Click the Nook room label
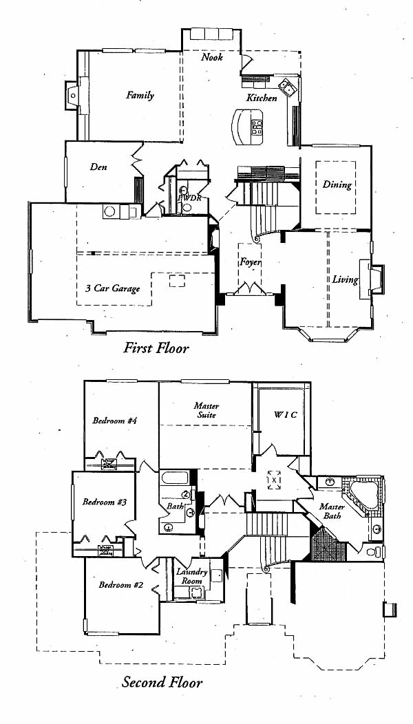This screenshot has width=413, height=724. tap(212, 58)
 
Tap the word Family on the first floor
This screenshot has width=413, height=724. tap(140, 96)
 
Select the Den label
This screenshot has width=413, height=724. tap(98, 167)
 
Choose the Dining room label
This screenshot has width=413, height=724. tap(337, 184)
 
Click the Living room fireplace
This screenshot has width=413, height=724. tap(374, 278)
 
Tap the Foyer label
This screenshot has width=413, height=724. tap(249, 262)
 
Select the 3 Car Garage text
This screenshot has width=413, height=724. tap(112, 288)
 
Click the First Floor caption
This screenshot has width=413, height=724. tap(156, 348)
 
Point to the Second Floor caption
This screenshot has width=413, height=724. tap(162, 683)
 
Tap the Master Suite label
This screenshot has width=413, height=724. tap(206, 410)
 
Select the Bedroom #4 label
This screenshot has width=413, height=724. tap(114, 420)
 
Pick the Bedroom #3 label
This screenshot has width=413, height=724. tap(104, 502)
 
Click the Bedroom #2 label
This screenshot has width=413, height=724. tap(120, 585)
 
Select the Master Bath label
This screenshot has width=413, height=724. tap(332, 511)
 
